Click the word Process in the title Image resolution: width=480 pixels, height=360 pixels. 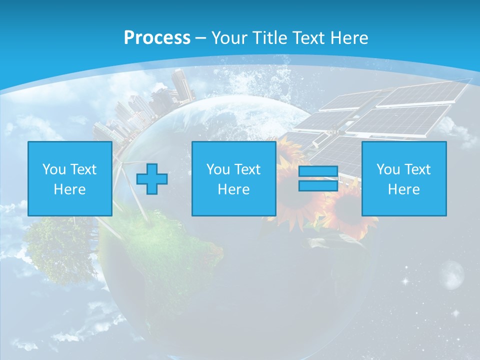tap(157, 38)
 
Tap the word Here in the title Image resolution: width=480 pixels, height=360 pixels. tap(348, 38)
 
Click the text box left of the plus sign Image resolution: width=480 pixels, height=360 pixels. tap(70, 179)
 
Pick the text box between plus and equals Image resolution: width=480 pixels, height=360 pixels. tap(234, 179)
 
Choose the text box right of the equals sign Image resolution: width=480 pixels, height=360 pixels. tap(404, 179)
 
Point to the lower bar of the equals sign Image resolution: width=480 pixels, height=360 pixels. tap(318, 186)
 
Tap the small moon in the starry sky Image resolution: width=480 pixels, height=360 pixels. tap(452, 273)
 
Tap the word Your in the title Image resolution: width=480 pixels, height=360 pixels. tap(229, 38)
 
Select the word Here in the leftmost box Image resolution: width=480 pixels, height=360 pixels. tap(70, 189)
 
